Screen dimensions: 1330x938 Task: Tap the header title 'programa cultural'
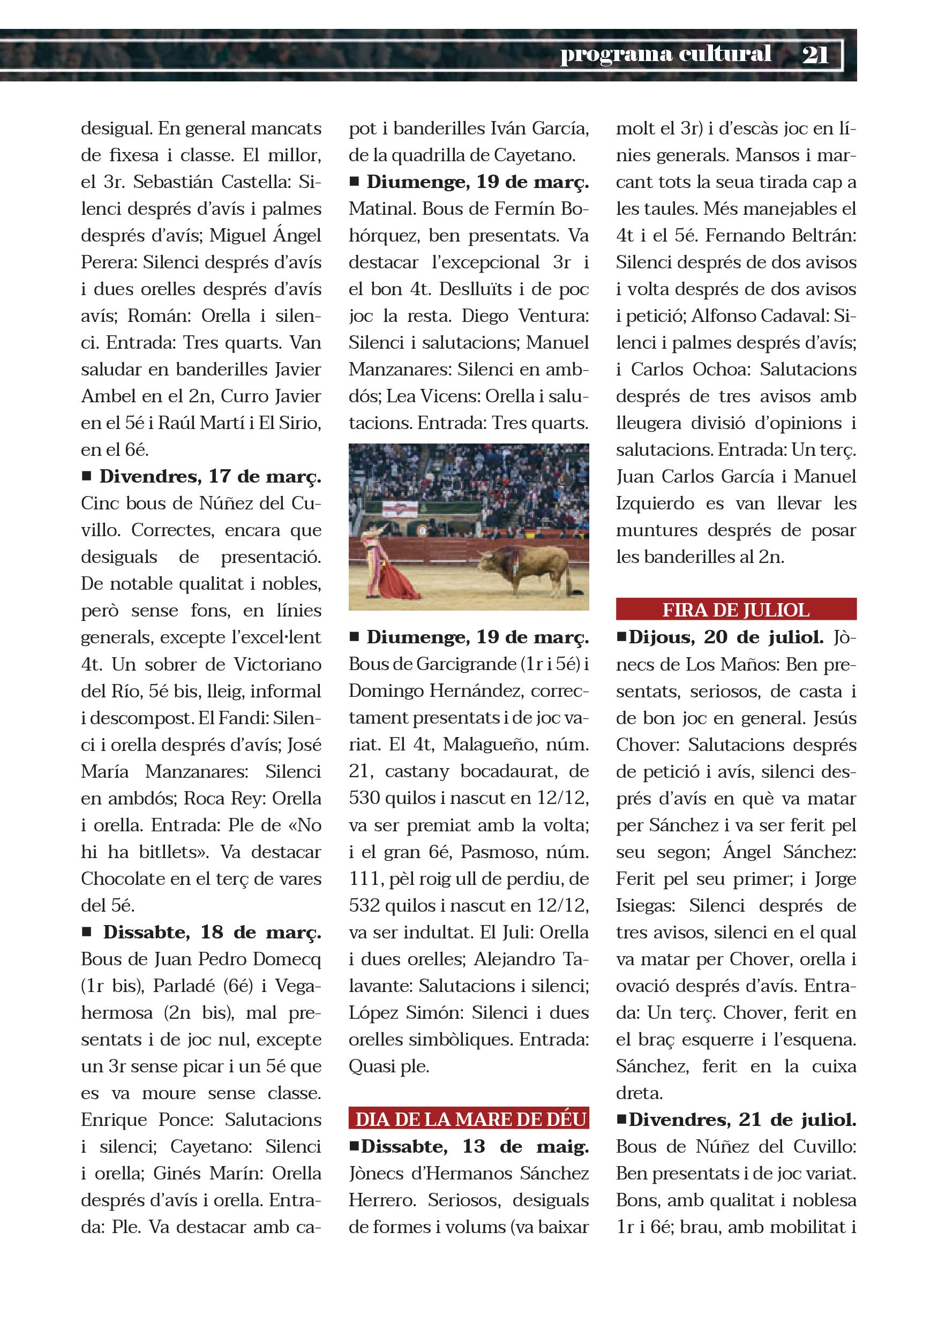point(665,54)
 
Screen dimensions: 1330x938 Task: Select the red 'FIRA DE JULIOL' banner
point(736,610)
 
